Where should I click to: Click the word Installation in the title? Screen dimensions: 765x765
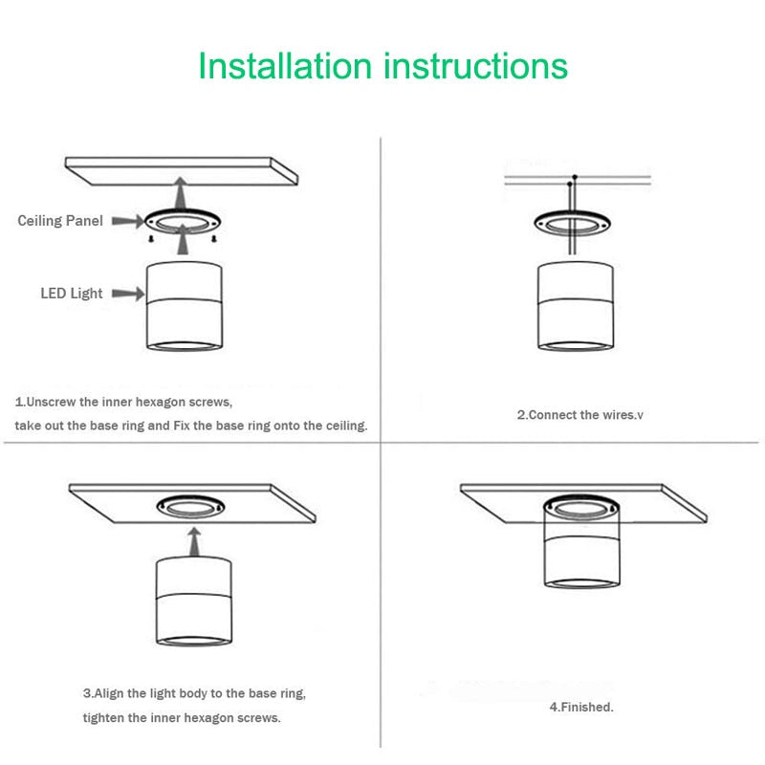(x=284, y=66)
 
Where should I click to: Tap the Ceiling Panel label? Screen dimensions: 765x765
(x=59, y=221)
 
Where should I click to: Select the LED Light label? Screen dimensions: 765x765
(x=71, y=294)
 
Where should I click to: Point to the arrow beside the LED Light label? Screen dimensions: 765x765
(x=126, y=294)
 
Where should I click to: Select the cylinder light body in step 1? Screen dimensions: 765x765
(x=186, y=306)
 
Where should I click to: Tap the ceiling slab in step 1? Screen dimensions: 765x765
(x=182, y=172)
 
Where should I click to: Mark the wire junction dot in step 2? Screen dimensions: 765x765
(x=575, y=178)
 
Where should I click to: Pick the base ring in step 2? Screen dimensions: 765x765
(x=573, y=226)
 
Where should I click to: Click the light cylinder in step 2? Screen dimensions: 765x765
(x=574, y=306)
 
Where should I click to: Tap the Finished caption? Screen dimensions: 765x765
(x=581, y=708)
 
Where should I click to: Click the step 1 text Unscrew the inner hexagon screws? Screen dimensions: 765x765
(x=124, y=403)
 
